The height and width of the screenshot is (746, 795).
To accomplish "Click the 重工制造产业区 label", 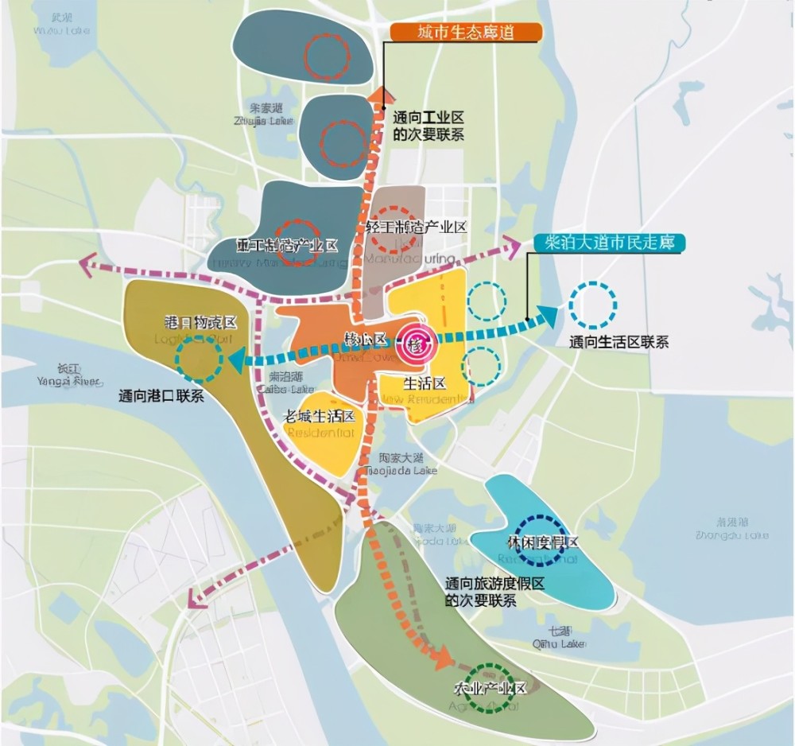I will click(x=287, y=246).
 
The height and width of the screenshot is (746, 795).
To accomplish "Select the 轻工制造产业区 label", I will click(x=416, y=227).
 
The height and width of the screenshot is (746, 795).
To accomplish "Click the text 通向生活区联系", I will click(x=619, y=342).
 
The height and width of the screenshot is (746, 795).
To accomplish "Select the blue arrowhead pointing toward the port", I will click(x=236, y=363).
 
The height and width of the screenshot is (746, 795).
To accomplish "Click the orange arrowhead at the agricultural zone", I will click(x=443, y=658).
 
